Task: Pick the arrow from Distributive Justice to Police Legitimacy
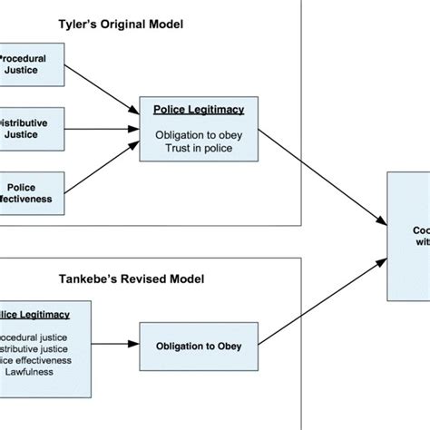coord(100,125)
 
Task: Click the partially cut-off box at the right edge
coord(408,236)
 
